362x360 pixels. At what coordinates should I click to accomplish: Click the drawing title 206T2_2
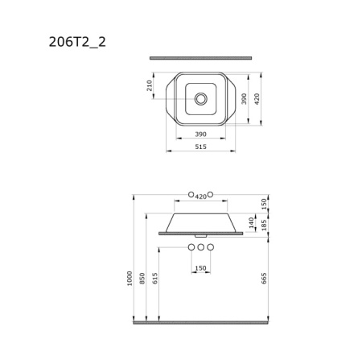tap(77, 42)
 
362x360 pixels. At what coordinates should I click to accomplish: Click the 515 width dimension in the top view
tap(200, 147)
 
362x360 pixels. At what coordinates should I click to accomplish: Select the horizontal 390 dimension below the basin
tap(200, 134)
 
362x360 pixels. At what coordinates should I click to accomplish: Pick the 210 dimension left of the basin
tap(150, 85)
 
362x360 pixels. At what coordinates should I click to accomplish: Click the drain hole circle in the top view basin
tap(200, 99)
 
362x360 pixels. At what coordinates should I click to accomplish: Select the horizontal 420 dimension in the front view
tap(200, 197)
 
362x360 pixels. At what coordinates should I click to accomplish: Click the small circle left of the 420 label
tap(191, 194)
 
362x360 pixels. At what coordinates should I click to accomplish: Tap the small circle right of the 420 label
tap(211, 194)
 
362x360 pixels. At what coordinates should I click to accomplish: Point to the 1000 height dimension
tap(130, 278)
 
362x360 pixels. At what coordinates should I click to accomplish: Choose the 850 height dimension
tap(142, 278)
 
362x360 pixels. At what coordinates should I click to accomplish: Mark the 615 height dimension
tap(155, 278)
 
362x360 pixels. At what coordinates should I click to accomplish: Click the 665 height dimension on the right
tap(264, 278)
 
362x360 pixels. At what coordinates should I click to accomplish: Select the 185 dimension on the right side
tap(264, 225)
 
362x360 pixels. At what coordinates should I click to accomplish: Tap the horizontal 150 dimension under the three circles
tap(200, 268)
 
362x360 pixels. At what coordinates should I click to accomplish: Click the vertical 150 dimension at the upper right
tap(264, 202)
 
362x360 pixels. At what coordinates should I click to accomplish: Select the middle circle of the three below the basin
tap(200, 246)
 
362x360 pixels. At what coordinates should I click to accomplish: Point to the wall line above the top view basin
tap(200, 58)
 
